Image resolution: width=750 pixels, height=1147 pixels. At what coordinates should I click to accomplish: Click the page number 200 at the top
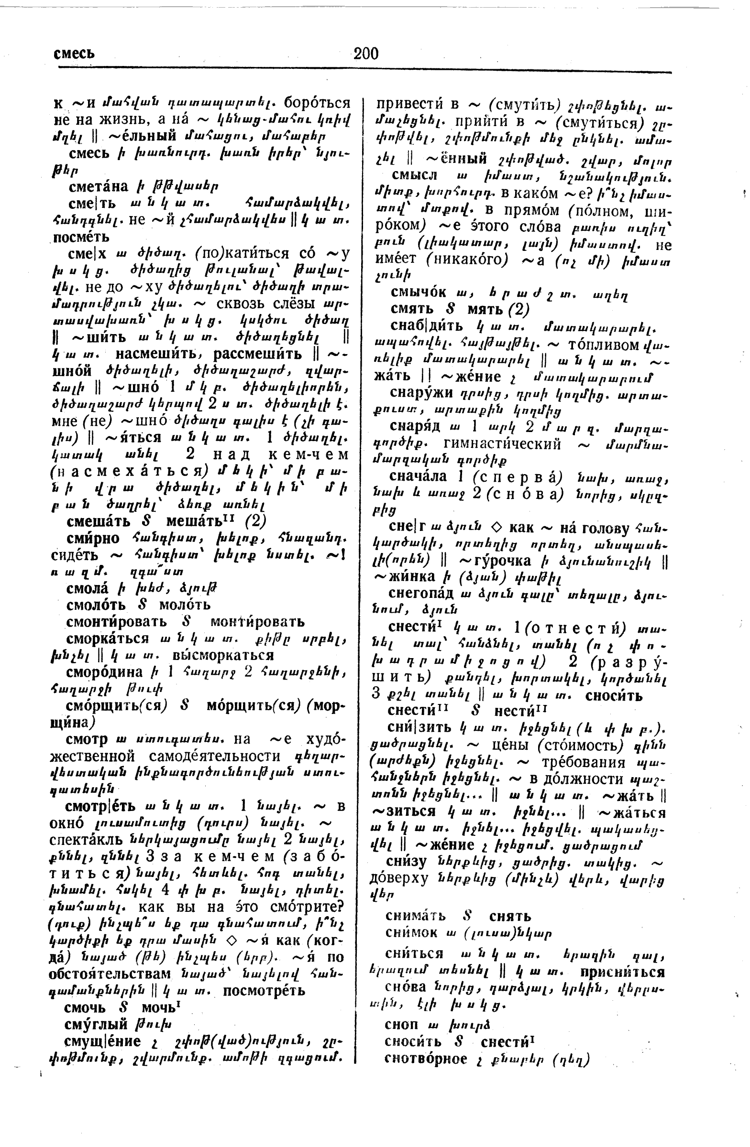click(x=365, y=53)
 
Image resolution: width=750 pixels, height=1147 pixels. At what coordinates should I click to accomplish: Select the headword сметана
click(x=99, y=186)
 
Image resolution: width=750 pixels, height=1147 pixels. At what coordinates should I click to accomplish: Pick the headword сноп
click(x=401, y=1024)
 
